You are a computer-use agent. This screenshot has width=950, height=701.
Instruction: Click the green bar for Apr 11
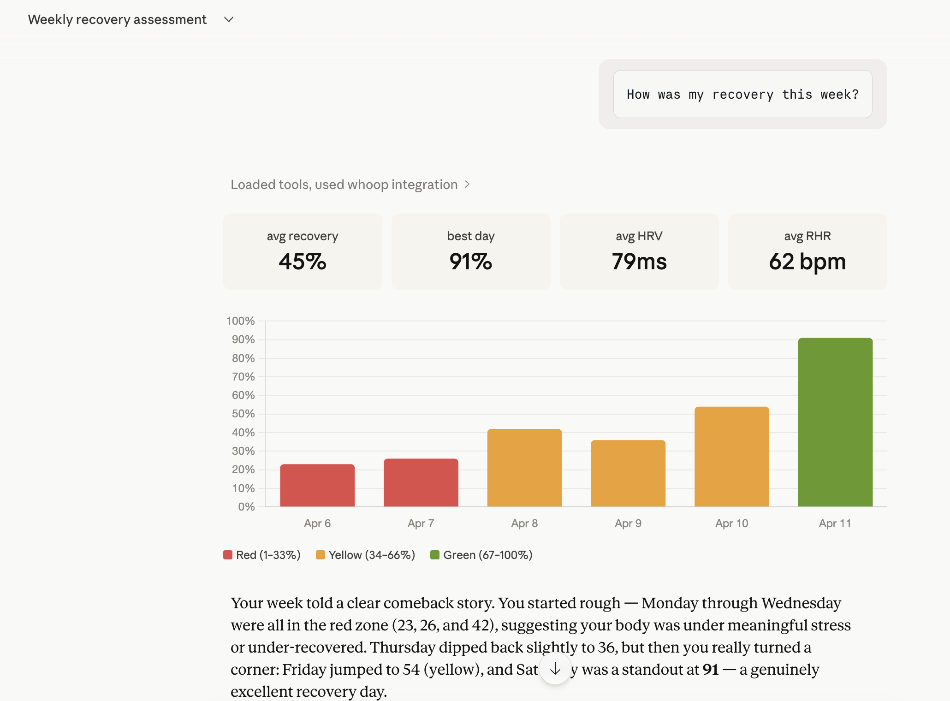[x=835, y=422]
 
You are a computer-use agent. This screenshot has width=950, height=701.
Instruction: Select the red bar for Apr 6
[x=317, y=485]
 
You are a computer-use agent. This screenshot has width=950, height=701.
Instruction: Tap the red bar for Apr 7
[x=421, y=482]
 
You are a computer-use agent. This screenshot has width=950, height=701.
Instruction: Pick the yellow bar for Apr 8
[x=524, y=468]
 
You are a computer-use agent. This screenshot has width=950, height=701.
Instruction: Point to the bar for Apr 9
[x=628, y=473]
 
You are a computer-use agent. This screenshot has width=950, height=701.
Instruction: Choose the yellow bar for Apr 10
[x=731, y=457]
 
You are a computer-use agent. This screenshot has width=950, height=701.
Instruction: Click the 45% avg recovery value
[x=303, y=261]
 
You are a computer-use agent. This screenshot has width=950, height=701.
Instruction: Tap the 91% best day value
[x=470, y=261]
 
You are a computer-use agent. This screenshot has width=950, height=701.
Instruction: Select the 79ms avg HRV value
[x=639, y=261]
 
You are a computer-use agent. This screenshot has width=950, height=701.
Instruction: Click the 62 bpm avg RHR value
[x=807, y=261]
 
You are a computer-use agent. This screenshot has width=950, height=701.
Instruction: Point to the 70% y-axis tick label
[x=243, y=377]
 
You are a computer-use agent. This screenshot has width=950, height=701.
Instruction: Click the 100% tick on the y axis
[x=240, y=321]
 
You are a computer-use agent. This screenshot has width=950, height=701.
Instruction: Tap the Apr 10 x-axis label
[x=731, y=523]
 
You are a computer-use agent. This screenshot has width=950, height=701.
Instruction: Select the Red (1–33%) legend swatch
[x=228, y=555]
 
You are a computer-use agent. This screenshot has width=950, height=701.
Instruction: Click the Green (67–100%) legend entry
[x=481, y=555]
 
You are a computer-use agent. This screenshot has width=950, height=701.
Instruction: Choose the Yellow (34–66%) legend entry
[x=366, y=555]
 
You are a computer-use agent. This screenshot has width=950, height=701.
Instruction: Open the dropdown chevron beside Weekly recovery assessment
[x=229, y=19]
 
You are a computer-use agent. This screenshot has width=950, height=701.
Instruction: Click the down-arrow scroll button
[x=555, y=668]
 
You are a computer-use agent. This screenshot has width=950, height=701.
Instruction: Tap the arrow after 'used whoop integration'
[x=467, y=184]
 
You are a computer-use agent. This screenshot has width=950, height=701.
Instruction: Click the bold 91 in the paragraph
[x=711, y=669]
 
